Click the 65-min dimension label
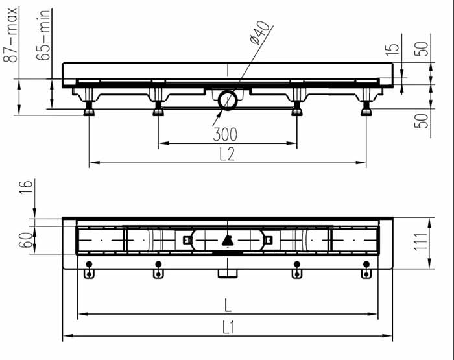43,35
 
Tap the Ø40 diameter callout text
260,32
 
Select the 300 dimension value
225,134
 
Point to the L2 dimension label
227,154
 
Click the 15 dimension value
392,50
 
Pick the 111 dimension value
421,242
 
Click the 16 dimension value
26,187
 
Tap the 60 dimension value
25,240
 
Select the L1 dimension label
229,328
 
